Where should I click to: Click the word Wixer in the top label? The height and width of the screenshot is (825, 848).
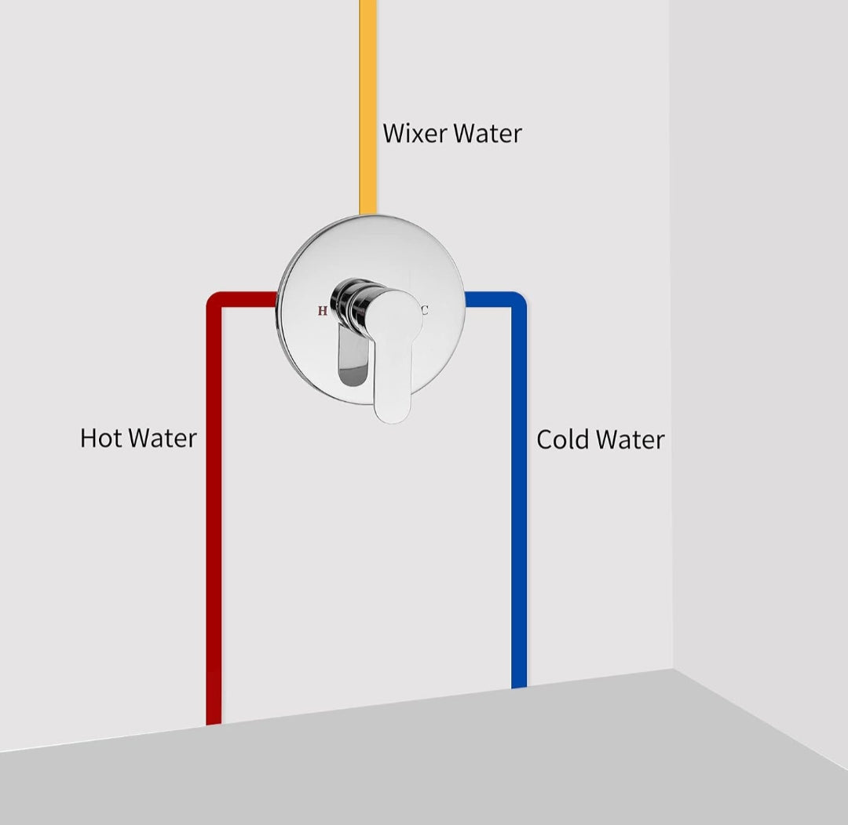pos(415,133)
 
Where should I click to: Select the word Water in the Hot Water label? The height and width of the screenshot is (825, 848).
pos(163,438)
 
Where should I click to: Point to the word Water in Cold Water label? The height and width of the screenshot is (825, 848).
pos(631,439)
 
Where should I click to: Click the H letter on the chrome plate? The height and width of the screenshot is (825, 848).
pos(323,311)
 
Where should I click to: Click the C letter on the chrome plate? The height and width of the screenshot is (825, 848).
pos(425,310)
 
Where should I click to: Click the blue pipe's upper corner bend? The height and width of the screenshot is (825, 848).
pos(517,301)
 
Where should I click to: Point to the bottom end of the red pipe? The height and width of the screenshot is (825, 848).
pos(214,718)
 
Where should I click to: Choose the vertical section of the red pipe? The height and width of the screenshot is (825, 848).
pos(214,510)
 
